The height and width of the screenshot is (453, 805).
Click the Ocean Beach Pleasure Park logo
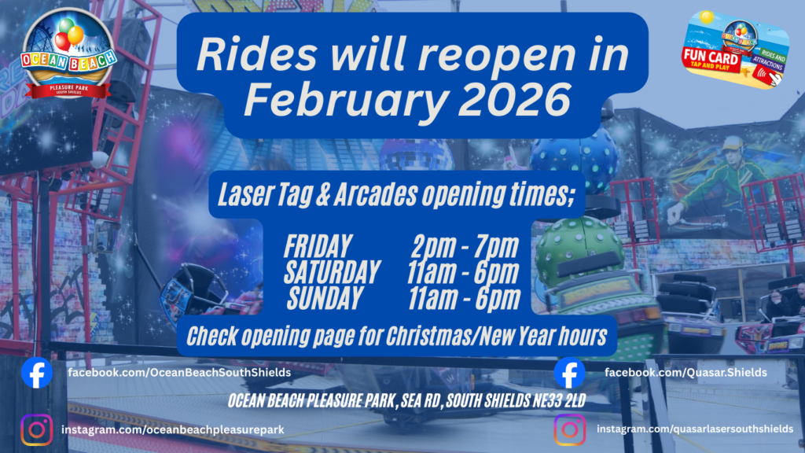coord(68,54)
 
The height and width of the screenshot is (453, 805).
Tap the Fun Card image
coord(735,50)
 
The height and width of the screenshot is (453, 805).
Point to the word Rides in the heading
coord(256,54)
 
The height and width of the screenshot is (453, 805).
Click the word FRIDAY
coord(318,246)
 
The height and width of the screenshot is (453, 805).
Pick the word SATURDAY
coord(333,272)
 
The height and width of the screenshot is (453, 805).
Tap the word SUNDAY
coord(325,298)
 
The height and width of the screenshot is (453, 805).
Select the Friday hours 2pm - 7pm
coord(465,246)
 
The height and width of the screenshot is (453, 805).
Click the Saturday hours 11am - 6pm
coord(462,272)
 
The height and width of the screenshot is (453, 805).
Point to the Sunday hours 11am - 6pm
coord(464,298)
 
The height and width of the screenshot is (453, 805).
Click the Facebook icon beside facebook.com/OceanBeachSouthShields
coord(37,372)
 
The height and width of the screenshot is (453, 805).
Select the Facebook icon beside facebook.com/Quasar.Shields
coord(569,372)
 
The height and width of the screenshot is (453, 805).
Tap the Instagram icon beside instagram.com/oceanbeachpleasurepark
coord(37,429)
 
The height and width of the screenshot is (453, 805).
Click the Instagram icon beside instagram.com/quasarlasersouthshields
coord(570,429)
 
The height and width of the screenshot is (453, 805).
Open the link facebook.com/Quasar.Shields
coord(686,372)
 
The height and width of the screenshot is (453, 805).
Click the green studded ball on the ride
coord(579,249)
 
